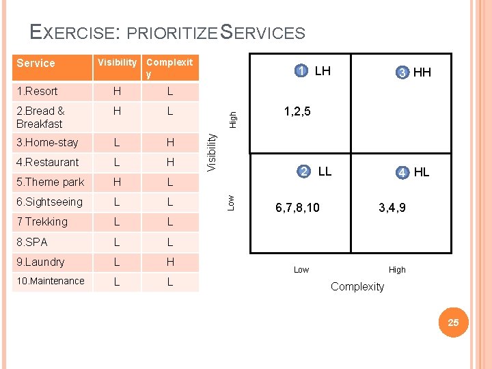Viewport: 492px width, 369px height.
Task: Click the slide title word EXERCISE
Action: tap(74, 32)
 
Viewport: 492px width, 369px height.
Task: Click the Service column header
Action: tap(36, 63)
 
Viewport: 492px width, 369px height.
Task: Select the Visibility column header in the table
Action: tap(117, 62)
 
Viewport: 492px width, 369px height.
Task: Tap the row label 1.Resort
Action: tap(37, 91)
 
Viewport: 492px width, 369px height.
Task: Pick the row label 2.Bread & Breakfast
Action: tap(40, 117)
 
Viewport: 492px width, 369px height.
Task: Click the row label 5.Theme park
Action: tap(50, 182)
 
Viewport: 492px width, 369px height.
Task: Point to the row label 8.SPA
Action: tap(32, 242)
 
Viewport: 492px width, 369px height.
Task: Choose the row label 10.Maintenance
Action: tap(51, 281)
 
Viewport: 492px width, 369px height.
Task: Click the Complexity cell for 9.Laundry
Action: tap(170, 262)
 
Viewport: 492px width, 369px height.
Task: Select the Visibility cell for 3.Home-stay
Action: tap(117, 143)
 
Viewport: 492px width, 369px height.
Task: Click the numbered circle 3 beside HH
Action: tap(403, 72)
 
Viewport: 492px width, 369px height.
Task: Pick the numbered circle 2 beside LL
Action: tap(303, 171)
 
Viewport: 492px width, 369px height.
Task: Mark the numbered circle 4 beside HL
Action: tap(403, 172)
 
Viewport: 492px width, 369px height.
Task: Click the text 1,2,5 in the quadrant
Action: tap(297, 111)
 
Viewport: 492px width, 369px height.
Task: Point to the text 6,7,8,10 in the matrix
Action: tap(297, 206)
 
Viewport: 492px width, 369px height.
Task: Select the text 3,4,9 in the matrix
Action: tap(392, 206)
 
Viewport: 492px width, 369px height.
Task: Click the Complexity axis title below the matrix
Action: tap(357, 286)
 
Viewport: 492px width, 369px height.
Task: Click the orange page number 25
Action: tap(453, 322)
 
